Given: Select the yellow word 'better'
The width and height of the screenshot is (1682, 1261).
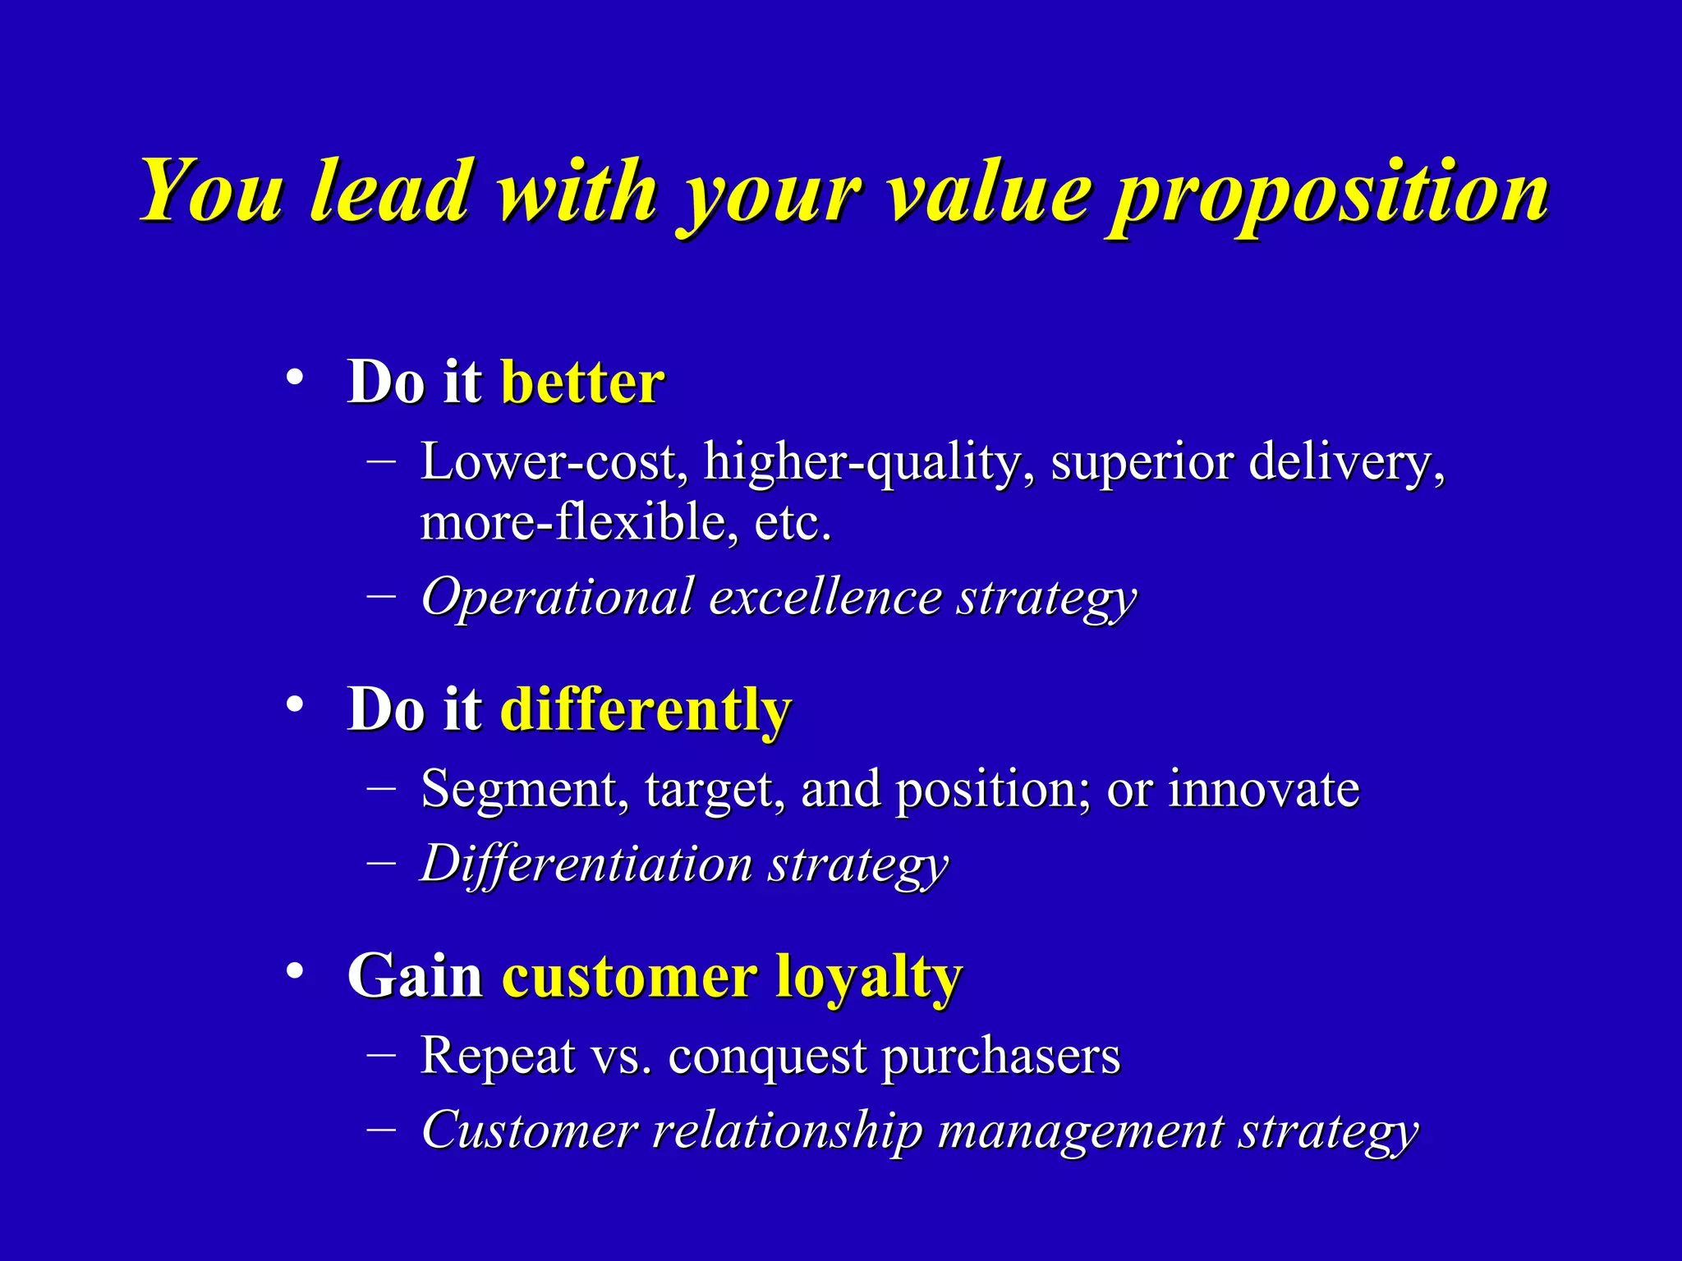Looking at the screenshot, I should click(x=581, y=383).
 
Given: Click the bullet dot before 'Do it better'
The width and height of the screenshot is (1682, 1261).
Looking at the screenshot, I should click(x=295, y=378).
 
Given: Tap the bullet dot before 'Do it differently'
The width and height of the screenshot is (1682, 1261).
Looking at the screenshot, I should click(x=295, y=705).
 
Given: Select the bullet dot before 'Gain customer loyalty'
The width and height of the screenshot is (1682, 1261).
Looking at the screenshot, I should click(x=295, y=972).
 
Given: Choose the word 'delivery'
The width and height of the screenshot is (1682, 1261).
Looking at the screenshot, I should click(x=1343, y=462).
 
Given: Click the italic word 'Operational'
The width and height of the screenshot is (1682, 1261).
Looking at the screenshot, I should click(x=557, y=597).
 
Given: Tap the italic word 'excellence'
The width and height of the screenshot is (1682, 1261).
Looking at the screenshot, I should click(x=825, y=597).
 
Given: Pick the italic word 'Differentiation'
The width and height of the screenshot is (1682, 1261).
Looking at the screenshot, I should click(x=586, y=864).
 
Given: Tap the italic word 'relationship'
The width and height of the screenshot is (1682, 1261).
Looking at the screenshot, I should click(x=787, y=1130).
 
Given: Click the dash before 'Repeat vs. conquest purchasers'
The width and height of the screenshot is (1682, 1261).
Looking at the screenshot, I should click(x=381, y=1053).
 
